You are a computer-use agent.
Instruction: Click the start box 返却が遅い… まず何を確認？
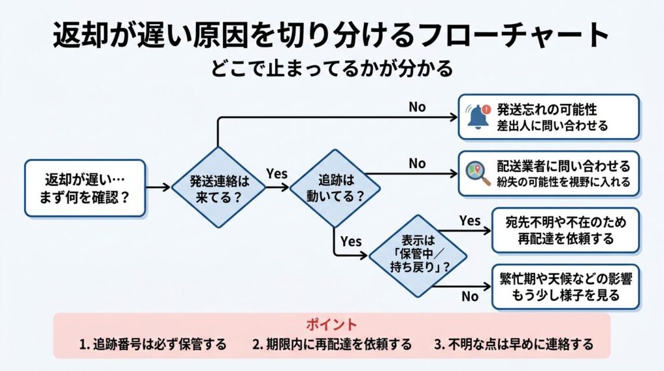tap(85, 187)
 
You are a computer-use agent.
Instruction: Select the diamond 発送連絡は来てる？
tap(219, 188)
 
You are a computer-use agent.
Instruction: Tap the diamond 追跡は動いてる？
tap(335, 187)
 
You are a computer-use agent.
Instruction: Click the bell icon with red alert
tap(477, 117)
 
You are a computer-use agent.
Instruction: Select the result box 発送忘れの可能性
tap(549, 117)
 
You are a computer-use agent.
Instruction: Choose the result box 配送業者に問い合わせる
tap(549, 173)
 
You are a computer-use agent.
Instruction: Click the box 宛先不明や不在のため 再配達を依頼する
tap(565, 230)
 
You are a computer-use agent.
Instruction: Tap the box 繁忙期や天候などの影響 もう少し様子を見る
tap(565, 286)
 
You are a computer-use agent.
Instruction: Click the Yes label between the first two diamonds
tap(277, 173)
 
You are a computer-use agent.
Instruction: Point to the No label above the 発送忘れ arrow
tap(417, 106)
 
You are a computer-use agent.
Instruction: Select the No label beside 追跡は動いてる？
tap(417, 163)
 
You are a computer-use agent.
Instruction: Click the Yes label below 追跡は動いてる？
tap(351, 241)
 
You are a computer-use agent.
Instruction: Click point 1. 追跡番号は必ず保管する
tap(153, 344)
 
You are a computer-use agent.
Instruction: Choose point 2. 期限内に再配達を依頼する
tap(331, 344)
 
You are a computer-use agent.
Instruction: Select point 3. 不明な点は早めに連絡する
tap(513, 344)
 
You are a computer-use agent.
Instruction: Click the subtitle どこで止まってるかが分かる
tap(331, 68)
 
